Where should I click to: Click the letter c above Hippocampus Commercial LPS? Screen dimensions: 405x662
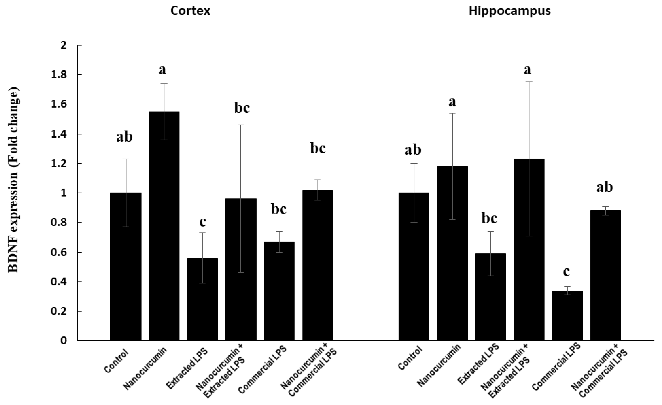click(566, 272)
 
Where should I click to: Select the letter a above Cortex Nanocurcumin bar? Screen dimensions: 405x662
click(162, 70)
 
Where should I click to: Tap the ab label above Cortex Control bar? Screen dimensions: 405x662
click(124, 137)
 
